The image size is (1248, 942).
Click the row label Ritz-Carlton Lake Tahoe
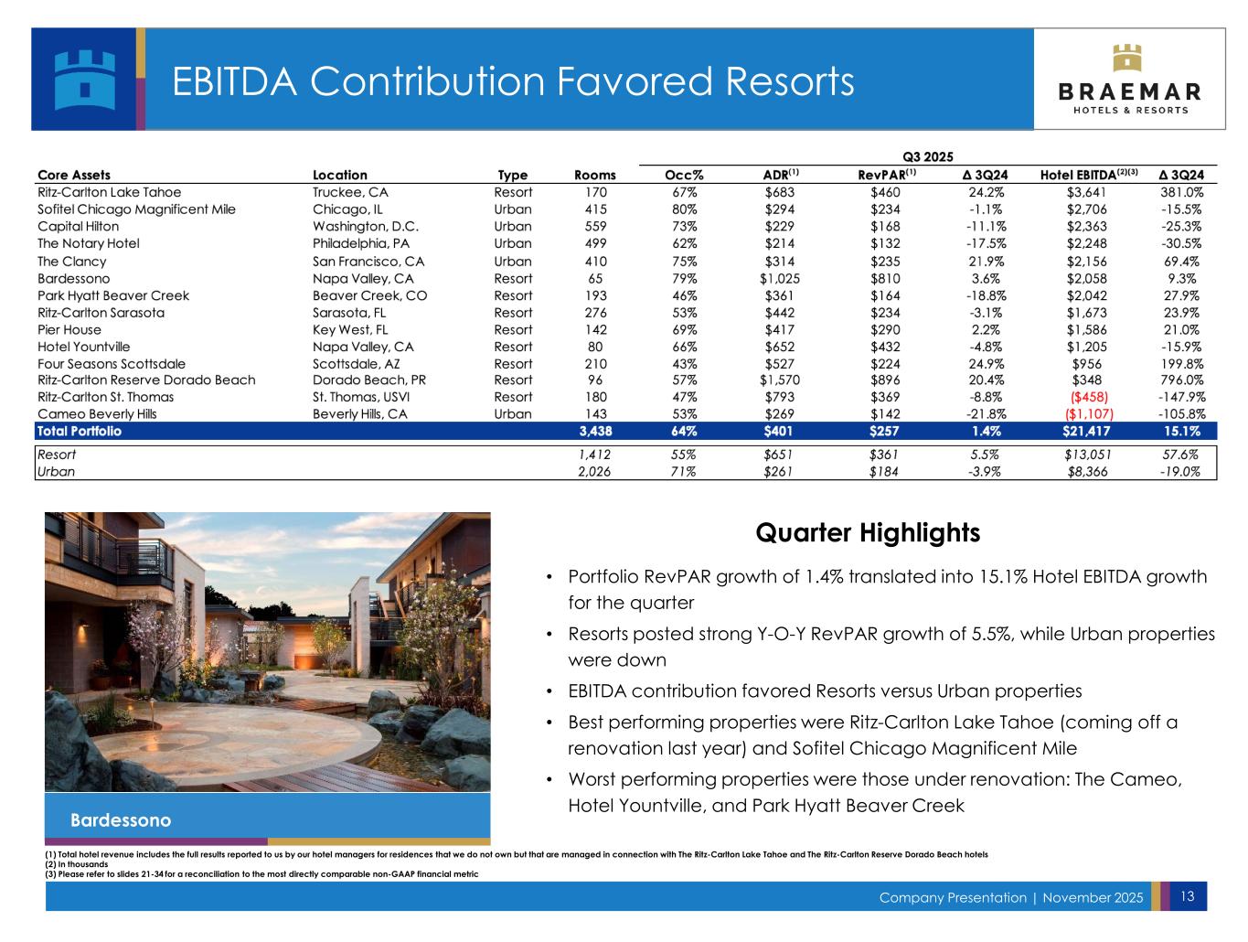point(109,192)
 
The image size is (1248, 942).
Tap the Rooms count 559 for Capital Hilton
point(594,226)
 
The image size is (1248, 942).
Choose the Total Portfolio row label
point(80,431)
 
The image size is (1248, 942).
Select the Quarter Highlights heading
point(868,532)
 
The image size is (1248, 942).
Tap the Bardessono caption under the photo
point(121,819)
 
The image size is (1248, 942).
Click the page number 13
point(1188,896)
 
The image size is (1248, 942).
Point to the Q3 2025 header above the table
point(928,156)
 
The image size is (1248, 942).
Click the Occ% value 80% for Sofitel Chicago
point(684,209)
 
